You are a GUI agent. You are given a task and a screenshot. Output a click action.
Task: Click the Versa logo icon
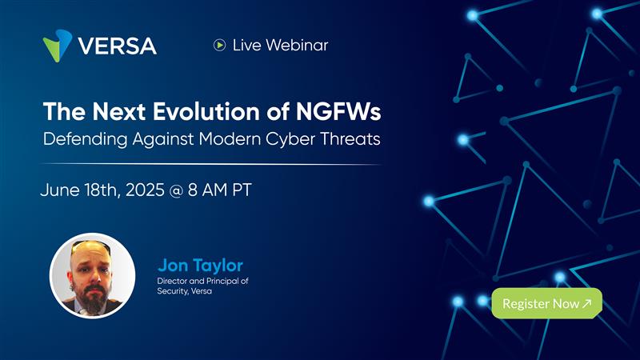click(58, 45)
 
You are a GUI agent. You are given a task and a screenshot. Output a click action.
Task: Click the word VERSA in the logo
click(117, 46)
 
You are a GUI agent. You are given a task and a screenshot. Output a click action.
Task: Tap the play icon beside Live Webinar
click(219, 46)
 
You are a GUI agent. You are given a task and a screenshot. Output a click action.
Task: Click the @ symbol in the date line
click(175, 193)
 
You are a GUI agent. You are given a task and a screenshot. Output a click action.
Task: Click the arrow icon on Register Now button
click(586, 304)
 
